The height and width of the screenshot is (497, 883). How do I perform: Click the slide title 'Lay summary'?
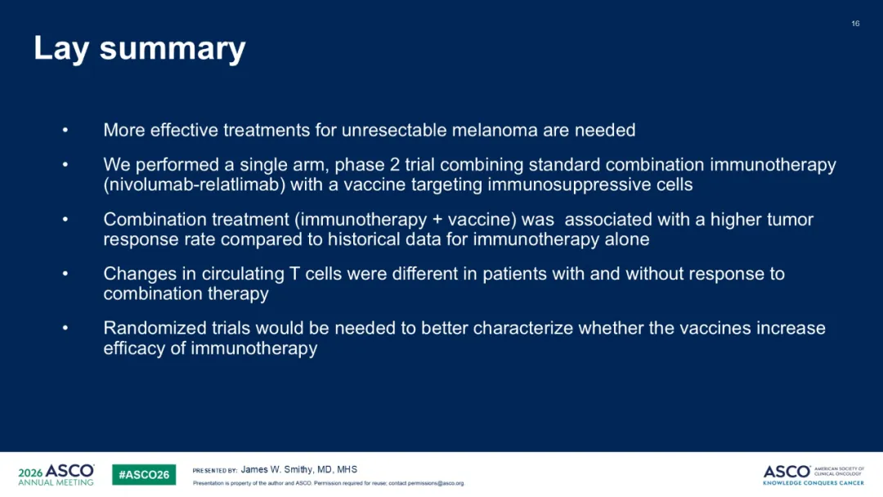pyautogui.click(x=140, y=49)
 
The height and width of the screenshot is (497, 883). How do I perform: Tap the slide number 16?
pyautogui.click(x=855, y=24)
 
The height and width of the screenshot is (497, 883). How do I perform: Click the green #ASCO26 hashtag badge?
pyautogui.click(x=144, y=474)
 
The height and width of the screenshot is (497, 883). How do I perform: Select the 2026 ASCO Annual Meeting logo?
pyautogui.click(x=56, y=474)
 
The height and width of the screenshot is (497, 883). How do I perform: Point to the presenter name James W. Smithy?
pyautogui.click(x=276, y=469)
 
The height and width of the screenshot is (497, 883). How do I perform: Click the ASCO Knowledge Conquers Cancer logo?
pyautogui.click(x=814, y=474)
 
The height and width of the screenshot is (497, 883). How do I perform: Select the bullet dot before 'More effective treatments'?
pyautogui.click(x=65, y=131)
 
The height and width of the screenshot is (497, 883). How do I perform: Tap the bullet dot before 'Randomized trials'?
pyautogui.click(x=65, y=328)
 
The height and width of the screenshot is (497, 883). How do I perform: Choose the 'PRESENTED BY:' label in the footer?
pyautogui.click(x=214, y=471)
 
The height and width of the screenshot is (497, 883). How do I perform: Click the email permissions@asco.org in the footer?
pyautogui.click(x=436, y=483)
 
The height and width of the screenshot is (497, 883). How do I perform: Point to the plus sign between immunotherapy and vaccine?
pyautogui.click(x=437, y=220)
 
